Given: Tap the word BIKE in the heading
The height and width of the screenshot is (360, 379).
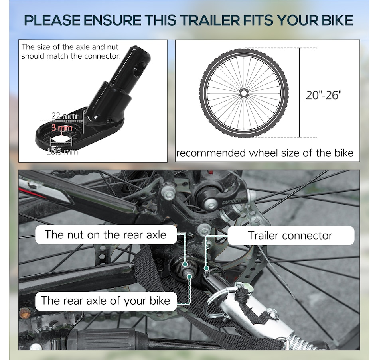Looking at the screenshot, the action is (337, 20).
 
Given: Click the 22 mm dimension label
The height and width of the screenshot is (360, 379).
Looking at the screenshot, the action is (64, 116).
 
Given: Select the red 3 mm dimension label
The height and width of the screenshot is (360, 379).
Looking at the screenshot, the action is (61, 128).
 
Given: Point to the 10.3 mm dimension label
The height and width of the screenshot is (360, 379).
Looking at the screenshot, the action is (62, 152).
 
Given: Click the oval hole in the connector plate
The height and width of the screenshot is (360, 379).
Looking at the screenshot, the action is (61, 140).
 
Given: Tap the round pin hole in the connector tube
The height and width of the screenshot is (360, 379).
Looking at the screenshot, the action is (140, 70).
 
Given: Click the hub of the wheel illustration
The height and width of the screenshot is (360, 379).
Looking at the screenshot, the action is (243, 93).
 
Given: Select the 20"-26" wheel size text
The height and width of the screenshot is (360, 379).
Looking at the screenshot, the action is (324, 95).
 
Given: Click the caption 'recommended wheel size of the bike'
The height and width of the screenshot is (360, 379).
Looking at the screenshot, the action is (265, 153).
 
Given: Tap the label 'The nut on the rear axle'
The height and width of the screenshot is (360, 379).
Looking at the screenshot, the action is (106, 234).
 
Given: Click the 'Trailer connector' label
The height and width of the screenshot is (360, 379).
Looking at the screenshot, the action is (290, 235).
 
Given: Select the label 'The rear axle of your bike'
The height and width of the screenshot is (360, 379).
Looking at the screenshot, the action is (106, 301).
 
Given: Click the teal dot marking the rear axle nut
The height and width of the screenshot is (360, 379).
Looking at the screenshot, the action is (185, 264).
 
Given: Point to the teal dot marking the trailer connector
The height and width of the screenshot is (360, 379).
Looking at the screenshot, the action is (206, 268).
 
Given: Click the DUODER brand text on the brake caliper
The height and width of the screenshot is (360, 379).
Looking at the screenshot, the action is (231, 201).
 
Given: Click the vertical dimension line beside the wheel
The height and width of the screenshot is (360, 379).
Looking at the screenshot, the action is (299, 93).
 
